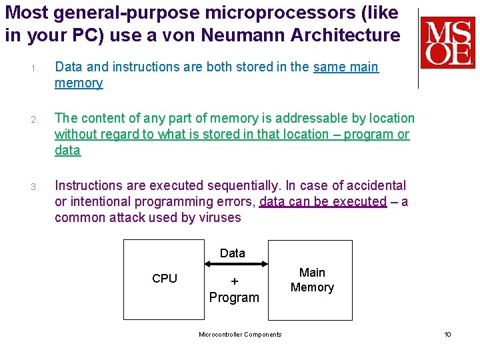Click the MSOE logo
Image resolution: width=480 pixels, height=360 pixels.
click(447, 43)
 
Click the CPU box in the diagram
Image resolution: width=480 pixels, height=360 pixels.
click(165, 279)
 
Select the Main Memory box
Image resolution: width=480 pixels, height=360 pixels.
click(312, 280)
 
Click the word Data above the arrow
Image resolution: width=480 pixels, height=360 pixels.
click(233, 253)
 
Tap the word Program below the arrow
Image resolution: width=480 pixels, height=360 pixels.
click(234, 297)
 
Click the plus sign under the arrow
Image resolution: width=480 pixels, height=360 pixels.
click(234, 281)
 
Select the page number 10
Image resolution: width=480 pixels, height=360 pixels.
click(447, 334)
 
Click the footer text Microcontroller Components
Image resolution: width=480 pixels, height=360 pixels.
click(240, 334)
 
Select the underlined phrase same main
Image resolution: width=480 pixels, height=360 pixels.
click(345, 67)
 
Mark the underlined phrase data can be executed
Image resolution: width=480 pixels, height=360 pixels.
click(323, 201)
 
